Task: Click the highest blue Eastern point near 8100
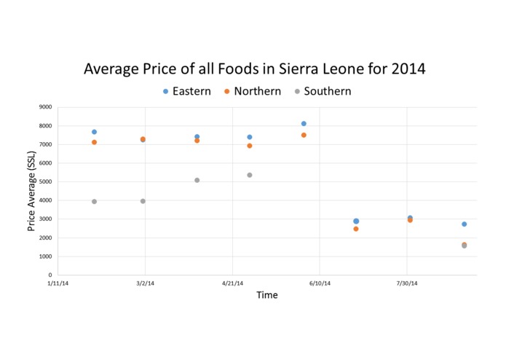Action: [304, 124]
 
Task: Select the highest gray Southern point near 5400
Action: [250, 175]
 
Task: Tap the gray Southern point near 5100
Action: [197, 180]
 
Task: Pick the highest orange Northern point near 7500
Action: [304, 135]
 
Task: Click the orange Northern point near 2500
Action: [356, 229]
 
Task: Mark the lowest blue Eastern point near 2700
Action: [464, 224]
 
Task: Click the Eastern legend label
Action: [191, 91]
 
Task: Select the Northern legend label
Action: [256, 91]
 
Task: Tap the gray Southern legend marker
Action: [297, 92]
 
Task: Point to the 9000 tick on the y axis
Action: [45, 107]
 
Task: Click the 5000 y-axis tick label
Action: [45, 182]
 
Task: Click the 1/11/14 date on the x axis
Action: [58, 283]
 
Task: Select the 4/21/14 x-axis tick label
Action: [232, 283]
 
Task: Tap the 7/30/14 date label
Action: [407, 283]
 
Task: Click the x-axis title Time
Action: [266, 295]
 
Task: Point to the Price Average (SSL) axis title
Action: [32, 192]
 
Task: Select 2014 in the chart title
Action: [407, 69]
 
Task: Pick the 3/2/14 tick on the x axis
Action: [145, 283]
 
